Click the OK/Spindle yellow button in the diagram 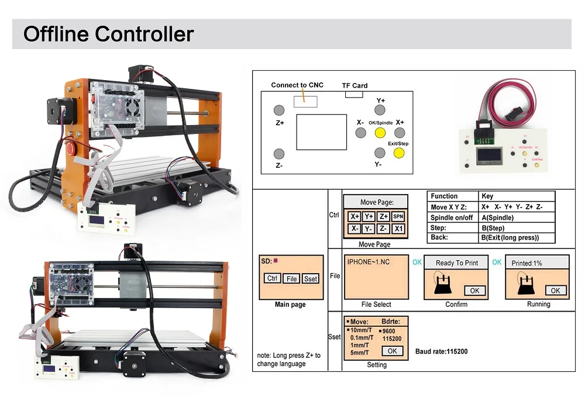coord(380,133)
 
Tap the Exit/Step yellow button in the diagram coord(399,153)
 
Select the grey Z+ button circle coord(280,110)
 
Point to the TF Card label coord(355,85)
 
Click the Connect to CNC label coord(297,85)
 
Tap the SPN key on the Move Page coord(398,216)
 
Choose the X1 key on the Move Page coord(398,229)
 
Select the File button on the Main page coord(291,279)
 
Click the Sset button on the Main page coord(311,279)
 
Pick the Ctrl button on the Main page coord(272,278)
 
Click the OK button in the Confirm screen coord(474,291)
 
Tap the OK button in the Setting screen coord(391,351)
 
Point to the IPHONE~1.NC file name coord(369,262)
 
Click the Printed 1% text coord(526,263)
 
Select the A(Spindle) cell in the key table coord(497,218)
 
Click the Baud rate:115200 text coord(441,351)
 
